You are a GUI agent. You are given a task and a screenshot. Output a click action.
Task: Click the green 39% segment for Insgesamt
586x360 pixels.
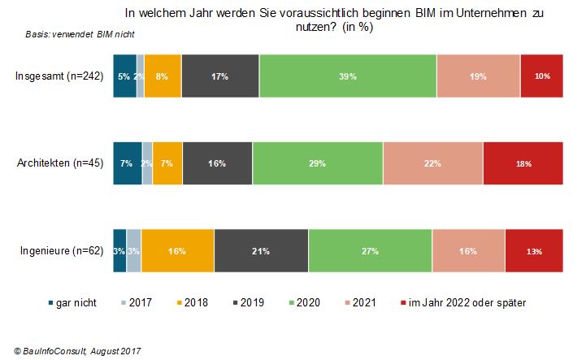click(x=348, y=76)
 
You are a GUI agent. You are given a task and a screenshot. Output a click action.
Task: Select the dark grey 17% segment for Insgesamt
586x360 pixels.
click(x=220, y=76)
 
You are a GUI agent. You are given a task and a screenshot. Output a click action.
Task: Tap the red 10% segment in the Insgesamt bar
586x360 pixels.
click(x=542, y=76)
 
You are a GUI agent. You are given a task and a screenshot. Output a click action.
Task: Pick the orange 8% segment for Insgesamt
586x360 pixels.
click(x=163, y=76)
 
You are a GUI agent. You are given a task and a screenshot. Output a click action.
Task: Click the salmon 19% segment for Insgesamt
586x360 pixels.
click(x=479, y=76)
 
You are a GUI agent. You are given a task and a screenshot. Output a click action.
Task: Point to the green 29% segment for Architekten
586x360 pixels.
click(x=318, y=163)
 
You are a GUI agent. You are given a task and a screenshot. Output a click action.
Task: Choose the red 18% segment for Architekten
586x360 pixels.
click(x=523, y=163)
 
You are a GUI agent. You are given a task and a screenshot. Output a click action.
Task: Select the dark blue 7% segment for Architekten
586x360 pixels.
click(x=128, y=163)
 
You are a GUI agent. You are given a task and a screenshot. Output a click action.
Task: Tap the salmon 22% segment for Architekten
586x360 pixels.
click(x=433, y=163)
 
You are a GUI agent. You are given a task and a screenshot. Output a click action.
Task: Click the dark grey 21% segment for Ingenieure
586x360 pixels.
click(x=261, y=251)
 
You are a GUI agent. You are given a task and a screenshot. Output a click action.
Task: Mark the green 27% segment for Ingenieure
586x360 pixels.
click(x=370, y=251)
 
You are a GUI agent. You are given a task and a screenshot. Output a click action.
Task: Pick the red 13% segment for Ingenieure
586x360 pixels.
click(x=534, y=251)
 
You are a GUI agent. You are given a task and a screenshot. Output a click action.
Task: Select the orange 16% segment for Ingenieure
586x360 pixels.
click(x=177, y=251)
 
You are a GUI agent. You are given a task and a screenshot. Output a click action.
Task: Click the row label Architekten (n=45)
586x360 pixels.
click(x=60, y=163)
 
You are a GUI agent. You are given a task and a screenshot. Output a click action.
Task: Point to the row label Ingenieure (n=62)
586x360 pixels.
click(x=62, y=250)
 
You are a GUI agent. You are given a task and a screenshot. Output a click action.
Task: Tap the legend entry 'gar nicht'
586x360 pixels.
click(x=72, y=302)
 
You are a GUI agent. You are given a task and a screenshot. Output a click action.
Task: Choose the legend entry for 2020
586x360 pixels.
click(x=305, y=302)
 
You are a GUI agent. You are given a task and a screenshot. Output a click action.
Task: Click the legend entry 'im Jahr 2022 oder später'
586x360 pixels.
click(x=463, y=302)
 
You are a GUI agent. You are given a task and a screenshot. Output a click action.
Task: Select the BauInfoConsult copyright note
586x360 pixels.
click(x=77, y=351)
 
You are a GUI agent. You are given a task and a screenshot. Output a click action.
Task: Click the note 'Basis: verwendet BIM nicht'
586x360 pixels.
click(x=80, y=34)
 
